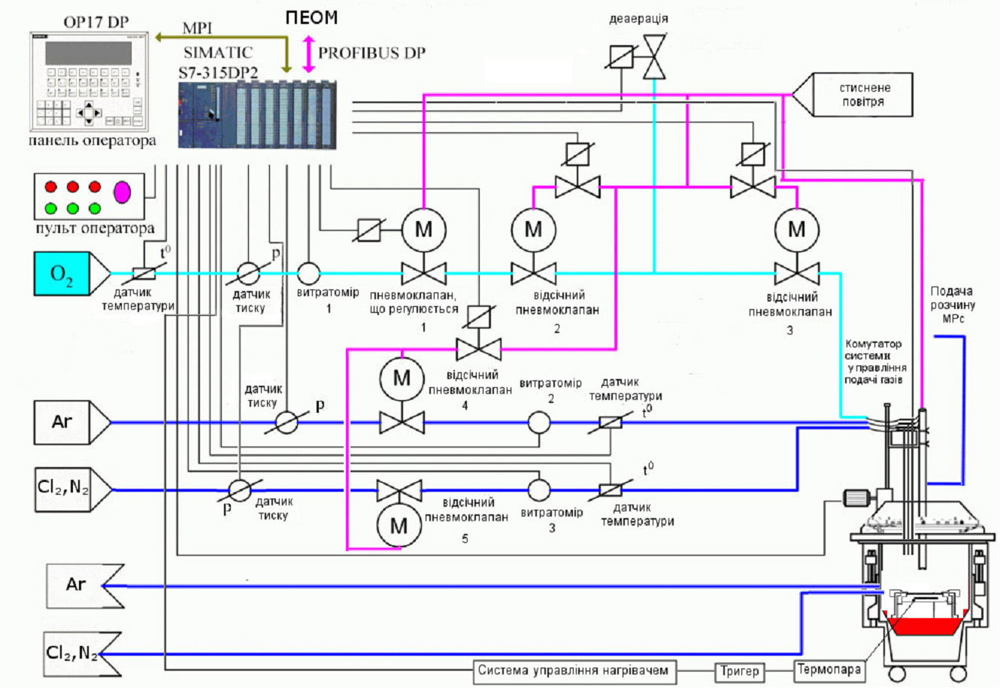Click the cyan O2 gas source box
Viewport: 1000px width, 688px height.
[62, 274]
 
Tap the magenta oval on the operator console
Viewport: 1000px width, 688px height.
[122, 192]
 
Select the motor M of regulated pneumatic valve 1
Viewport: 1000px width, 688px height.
[423, 230]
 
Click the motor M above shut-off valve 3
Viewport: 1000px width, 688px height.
[797, 230]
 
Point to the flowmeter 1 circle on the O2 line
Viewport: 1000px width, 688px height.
[308, 273]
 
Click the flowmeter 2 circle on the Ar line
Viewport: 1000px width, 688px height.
[539, 423]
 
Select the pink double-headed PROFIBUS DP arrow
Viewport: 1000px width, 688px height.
[309, 54]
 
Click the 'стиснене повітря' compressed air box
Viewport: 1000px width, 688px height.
[863, 95]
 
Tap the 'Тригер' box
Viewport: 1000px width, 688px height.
[739, 671]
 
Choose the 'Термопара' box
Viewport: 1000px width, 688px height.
[829, 670]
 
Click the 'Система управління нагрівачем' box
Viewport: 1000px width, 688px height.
[574, 671]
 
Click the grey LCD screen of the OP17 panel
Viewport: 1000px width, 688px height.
[89, 53]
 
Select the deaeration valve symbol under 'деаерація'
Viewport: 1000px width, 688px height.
[654, 57]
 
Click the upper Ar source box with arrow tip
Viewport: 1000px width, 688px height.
[72, 423]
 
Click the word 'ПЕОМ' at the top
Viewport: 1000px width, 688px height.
[311, 18]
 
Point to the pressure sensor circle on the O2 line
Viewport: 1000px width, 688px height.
[248, 273]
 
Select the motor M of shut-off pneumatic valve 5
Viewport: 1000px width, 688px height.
[398, 526]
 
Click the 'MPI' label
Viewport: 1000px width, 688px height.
[197, 29]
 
